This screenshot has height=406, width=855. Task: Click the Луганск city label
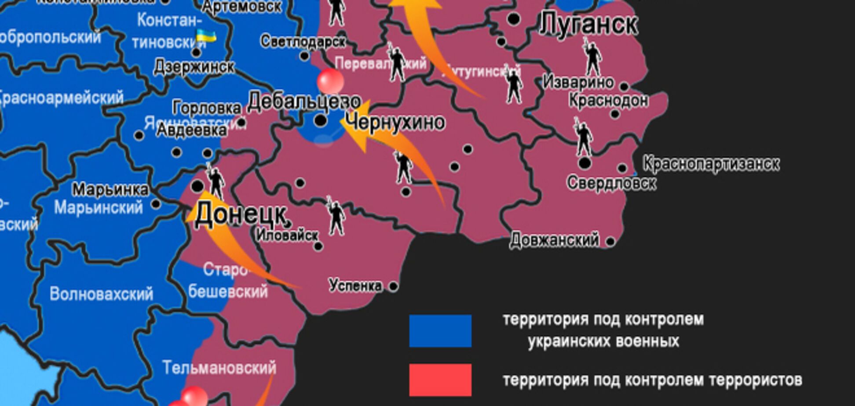coord(588,24)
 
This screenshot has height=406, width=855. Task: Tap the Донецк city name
coord(240,214)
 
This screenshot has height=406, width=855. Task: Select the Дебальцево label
coord(304,101)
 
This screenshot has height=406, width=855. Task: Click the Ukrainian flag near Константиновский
coord(206,36)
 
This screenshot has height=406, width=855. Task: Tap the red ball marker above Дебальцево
coord(330,81)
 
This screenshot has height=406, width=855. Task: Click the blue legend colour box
coord(440,331)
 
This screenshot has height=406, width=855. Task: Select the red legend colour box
coord(440,380)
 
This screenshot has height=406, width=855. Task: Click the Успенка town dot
coord(393,286)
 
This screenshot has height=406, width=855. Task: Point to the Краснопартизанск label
coord(711,164)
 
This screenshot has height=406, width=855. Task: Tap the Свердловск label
coord(611,182)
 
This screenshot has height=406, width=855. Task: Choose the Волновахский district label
coord(101,294)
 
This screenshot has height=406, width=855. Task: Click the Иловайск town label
coord(287,235)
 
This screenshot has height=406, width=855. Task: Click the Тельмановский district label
coord(219,367)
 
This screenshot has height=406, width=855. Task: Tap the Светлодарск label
coord(303,41)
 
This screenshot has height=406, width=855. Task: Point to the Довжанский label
coord(554,240)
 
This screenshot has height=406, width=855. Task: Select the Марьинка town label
coord(110,190)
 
